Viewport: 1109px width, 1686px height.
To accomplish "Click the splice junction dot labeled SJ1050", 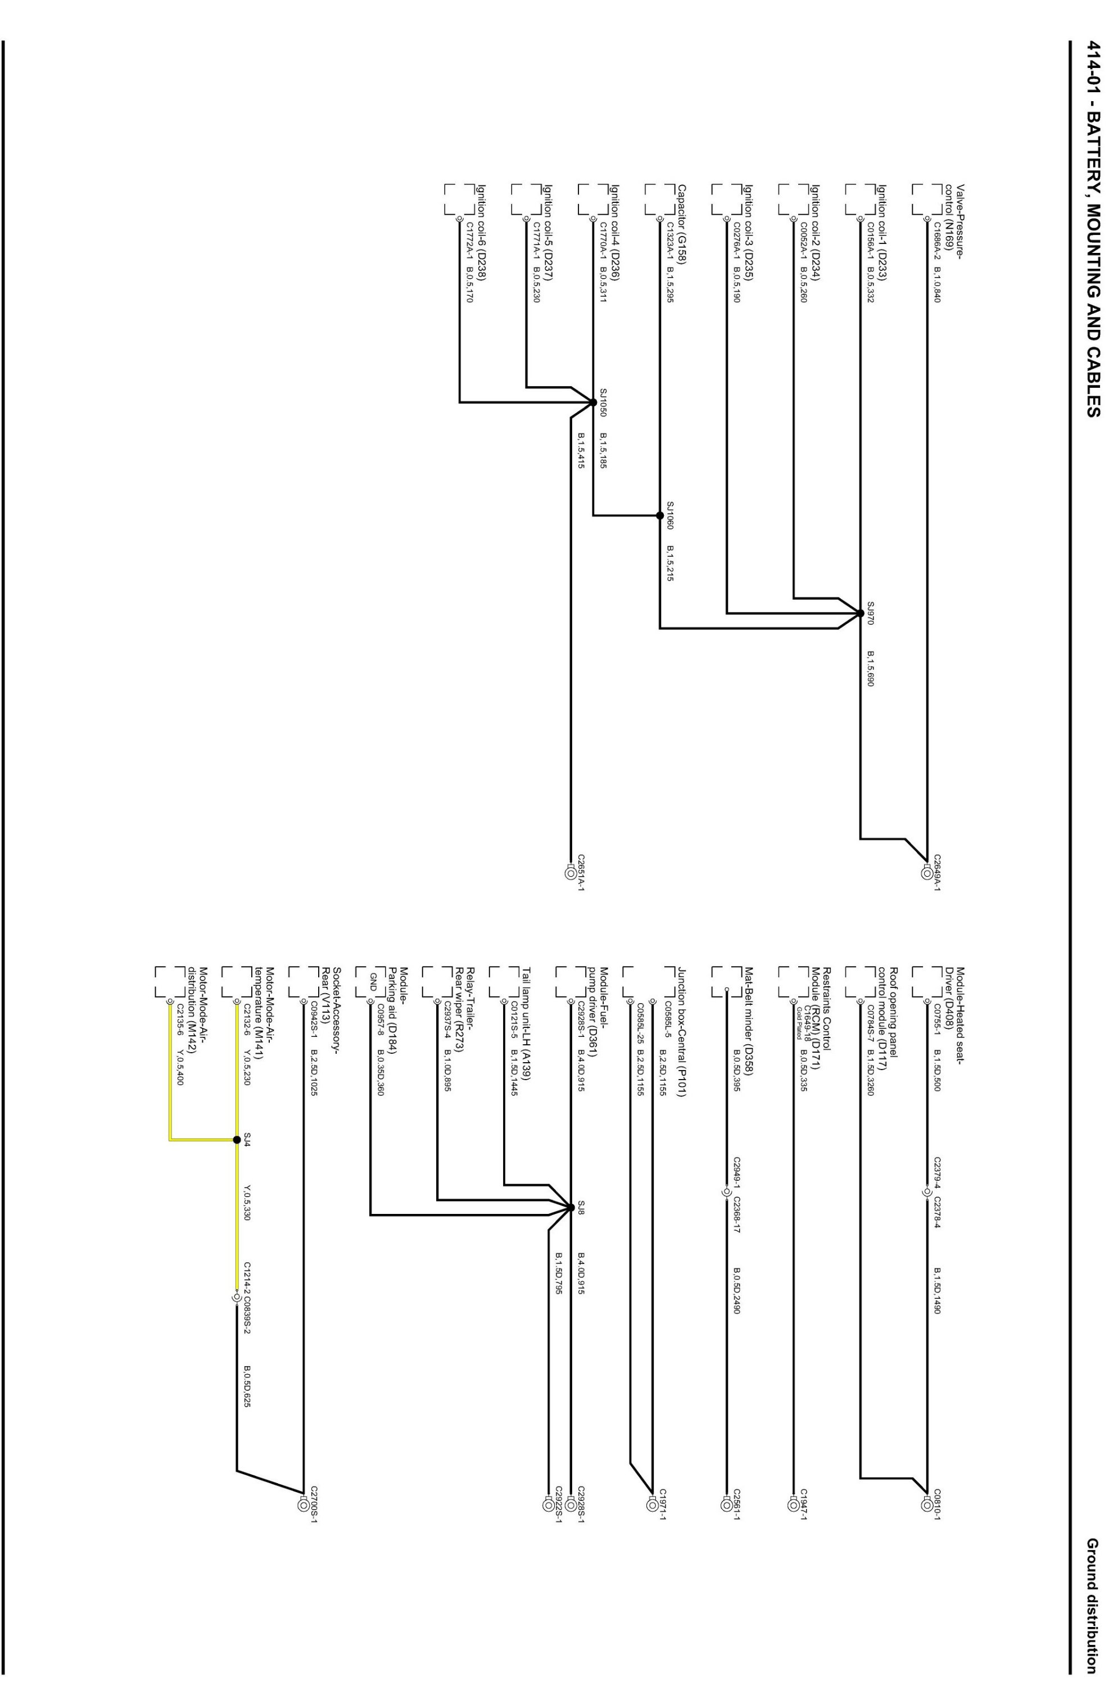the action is [x=592, y=402].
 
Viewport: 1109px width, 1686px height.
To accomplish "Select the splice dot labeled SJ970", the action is [x=860, y=613].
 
